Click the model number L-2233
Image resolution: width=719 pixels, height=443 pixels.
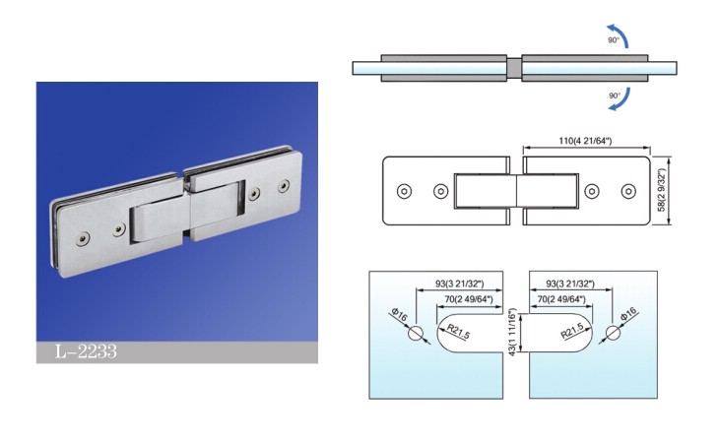[x=86, y=351]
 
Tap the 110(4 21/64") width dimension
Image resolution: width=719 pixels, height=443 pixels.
[x=585, y=141]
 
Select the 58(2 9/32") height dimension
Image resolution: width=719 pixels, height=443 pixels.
[x=662, y=190]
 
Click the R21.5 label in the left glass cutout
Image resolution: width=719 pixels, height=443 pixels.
[x=459, y=331]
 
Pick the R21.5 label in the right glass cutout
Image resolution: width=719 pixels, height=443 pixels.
[x=572, y=331]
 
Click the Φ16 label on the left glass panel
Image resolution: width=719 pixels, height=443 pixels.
[x=399, y=315]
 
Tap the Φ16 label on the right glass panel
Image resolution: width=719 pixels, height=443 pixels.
[x=628, y=314]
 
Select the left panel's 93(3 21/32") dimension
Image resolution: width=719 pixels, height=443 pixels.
[x=459, y=285]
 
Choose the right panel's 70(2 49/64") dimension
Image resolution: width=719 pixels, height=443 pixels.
[x=561, y=299]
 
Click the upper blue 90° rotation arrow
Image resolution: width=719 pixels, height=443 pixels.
[x=620, y=35]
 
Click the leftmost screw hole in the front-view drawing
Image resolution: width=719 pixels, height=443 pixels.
[x=404, y=191]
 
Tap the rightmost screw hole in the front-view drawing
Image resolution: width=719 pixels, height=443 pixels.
[x=628, y=191]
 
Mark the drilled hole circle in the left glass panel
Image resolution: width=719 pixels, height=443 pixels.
[x=416, y=334]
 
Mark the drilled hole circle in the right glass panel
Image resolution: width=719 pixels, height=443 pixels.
[x=613, y=334]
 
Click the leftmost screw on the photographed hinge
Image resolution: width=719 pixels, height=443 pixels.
[x=83, y=238]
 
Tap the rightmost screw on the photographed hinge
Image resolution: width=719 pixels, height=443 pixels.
[x=284, y=185]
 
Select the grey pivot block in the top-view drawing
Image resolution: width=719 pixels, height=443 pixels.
[x=514, y=67]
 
